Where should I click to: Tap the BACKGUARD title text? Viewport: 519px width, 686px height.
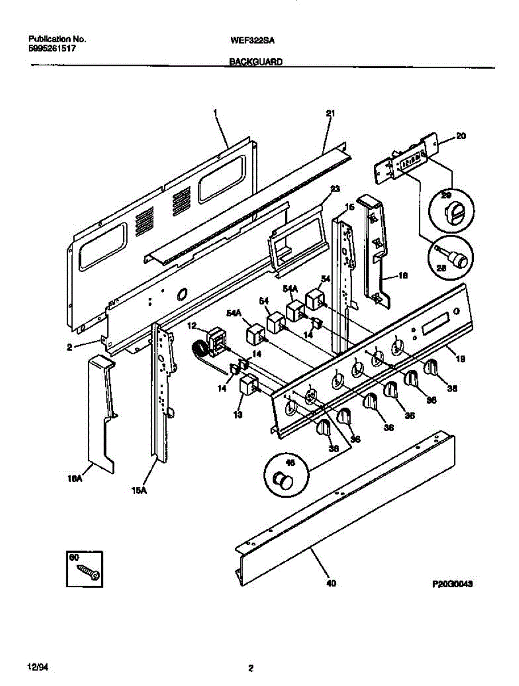coord(256,62)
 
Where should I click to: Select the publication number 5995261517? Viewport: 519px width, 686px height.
coord(53,49)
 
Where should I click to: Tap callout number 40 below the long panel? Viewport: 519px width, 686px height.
coord(331,584)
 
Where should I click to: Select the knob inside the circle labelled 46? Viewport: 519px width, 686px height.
coord(281,481)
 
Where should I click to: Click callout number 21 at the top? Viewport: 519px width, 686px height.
coord(330,113)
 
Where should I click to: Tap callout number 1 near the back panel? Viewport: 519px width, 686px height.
coord(215,113)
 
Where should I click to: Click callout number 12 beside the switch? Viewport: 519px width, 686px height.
coord(191,325)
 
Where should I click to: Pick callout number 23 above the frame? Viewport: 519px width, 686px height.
coord(335,188)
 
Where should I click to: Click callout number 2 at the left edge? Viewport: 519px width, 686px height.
coord(69,347)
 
